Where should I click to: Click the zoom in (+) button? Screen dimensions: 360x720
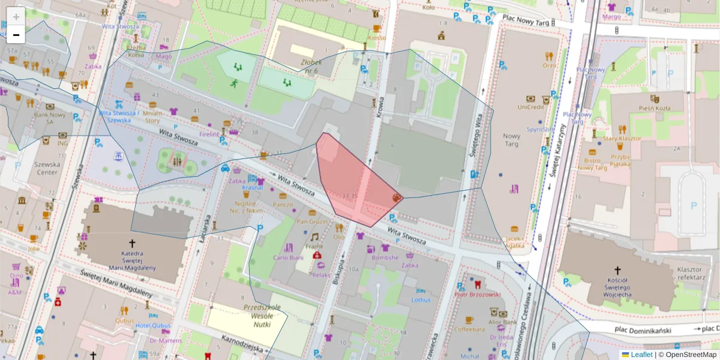click(x=16, y=16)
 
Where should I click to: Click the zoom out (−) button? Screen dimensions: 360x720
click(x=16, y=35)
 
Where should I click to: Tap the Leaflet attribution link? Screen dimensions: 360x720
click(x=641, y=355)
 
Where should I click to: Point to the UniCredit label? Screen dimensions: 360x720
click(x=530, y=107)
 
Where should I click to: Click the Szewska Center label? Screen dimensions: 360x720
click(x=47, y=168)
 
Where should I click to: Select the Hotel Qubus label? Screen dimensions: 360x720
click(x=153, y=326)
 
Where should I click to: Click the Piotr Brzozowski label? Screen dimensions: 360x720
click(x=477, y=295)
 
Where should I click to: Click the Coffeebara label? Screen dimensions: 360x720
click(x=469, y=329)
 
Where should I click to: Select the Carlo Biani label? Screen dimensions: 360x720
click(x=288, y=257)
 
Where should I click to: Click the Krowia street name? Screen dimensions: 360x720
click(x=380, y=108)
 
